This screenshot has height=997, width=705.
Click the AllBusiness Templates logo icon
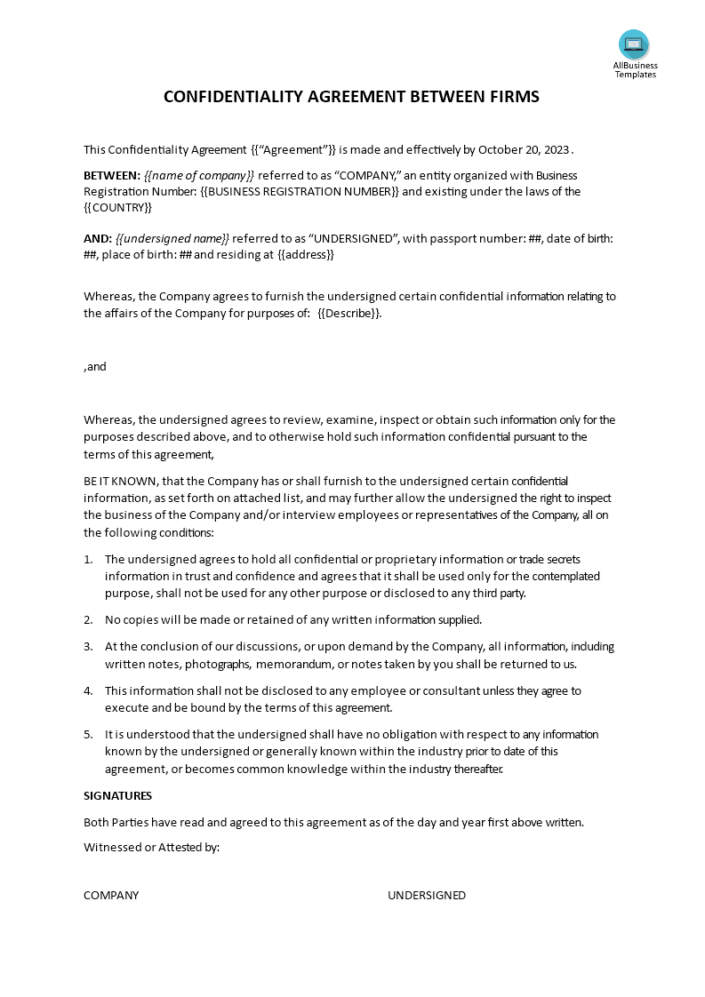click(x=634, y=44)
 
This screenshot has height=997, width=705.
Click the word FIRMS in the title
click(x=513, y=97)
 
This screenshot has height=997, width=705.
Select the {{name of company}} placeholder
click(x=199, y=175)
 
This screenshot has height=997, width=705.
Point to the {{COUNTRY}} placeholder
click(x=118, y=207)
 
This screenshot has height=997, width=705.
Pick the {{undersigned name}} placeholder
click(x=172, y=238)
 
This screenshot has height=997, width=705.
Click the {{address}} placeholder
click(x=306, y=254)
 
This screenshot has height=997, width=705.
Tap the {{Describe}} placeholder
click(x=348, y=313)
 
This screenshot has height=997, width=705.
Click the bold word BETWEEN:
click(x=112, y=175)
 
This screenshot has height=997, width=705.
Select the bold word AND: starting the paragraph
click(x=98, y=238)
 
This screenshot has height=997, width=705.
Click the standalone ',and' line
click(x=95, y=366)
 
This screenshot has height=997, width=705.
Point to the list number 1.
click(x=88, y=559)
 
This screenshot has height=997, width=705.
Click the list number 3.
click(x=88, y=647)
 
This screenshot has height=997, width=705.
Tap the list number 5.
click(x=88, y=735)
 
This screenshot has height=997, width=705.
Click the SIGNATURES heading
click(x=117, y=795)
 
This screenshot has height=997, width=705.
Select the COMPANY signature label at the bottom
click(x=111, y=896)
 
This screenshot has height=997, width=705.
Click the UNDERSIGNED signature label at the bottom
click(x=427, y=896)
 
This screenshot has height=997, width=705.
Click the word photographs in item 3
click(x=215, y=664)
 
